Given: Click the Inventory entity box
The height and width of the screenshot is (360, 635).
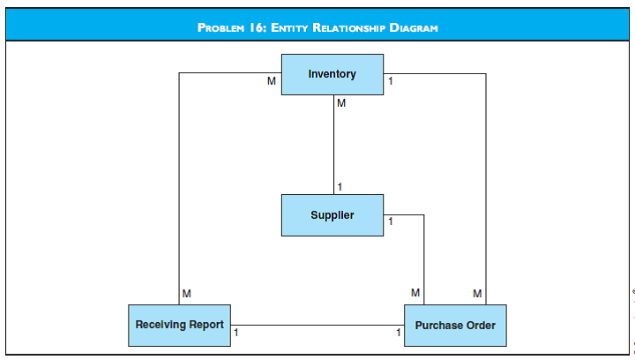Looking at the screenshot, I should pyautogui.click(x=332, y=74).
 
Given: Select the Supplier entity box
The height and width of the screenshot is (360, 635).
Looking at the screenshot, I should pyautogui.click(x=332, y=215).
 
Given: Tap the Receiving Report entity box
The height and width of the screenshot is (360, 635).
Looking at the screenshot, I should pyautogui.click(x=180, y=325).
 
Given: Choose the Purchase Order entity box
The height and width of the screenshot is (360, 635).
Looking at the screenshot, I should pyautogui.click(x=455, y=326).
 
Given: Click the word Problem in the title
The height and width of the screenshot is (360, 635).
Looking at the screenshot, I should pyautogui.click(x=224, y=27).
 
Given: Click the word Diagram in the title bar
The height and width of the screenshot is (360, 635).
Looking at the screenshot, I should pyautogui.click(x=411, y=27).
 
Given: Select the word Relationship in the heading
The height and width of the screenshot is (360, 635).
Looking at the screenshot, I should pyautogui.click(x=345, y=27).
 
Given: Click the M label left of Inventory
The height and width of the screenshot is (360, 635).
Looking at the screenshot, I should pyautogui.click(x=272, y=81).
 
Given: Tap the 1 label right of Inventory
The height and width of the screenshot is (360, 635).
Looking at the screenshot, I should pyautogui.click(x=391, y=81).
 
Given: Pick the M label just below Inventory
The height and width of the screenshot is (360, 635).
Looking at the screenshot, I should pyautogui.click(x=341, y=103).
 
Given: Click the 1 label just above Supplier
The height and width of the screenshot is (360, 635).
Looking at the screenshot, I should pyautogui.click(x=340, y=186).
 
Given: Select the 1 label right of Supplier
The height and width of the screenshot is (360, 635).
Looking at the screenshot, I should pyautogui.click(x=391, y=221).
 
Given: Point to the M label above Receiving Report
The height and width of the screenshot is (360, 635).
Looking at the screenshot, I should pyautogui.click(x=186, y=293).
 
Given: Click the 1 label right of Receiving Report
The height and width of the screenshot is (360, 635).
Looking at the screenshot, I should pyautogui.click(x=236, y=333).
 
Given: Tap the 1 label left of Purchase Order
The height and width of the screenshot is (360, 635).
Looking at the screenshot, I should pyautogui.click(x=398, y=333).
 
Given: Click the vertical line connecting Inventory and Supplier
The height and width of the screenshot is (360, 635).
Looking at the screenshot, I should pyautogui.click(x=333, y=146).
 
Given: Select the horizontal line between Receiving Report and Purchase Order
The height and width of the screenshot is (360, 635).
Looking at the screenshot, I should pyautogui.click(x=317, y=325).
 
